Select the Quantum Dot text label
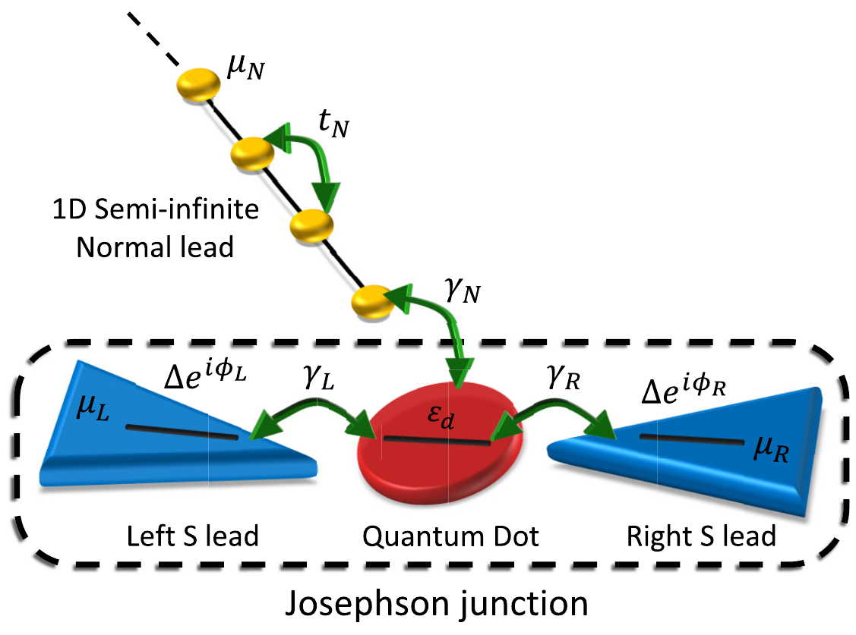(450, 536)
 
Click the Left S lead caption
(193, 536)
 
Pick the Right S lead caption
(700, 536)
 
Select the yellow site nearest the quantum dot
(372, 302)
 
